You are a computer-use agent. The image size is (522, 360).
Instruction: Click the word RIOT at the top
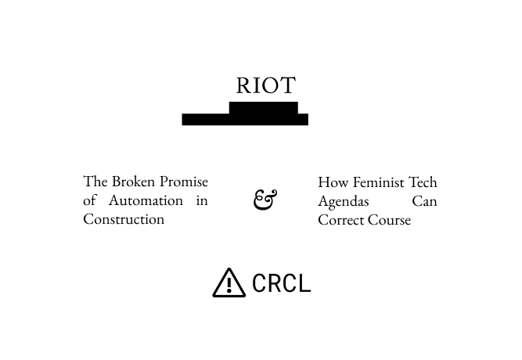(x=265, y=85)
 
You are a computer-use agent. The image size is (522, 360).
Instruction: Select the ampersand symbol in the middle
(x=265, y=200)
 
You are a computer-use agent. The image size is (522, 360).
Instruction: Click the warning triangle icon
(x=229, y=283)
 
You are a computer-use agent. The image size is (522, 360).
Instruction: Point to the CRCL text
(x=281, y=283)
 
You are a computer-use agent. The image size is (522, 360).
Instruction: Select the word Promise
(x=184, y=182)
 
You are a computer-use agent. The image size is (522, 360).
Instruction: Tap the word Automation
(x=146, y=200)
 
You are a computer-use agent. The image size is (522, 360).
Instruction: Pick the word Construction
(x=124, y=219)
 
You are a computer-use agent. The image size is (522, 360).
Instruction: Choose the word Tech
(x=423, y=182)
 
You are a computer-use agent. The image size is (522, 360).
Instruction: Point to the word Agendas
(x=344, y=202)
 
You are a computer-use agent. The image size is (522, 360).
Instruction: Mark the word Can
(x=424, y=201)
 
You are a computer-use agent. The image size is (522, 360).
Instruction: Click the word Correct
(x=341, y=220)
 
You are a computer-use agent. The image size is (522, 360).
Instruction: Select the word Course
(x=390, y=220)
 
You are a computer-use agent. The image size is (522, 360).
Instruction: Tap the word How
(x=333, y=182)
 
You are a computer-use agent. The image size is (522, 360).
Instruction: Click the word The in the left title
(x=95, y=182)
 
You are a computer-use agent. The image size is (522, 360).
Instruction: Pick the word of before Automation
(x=89, y=200)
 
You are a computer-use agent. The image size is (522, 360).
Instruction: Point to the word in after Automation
(x=202, y=200)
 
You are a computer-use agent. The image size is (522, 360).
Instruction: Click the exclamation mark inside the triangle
(x=229, y=285)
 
